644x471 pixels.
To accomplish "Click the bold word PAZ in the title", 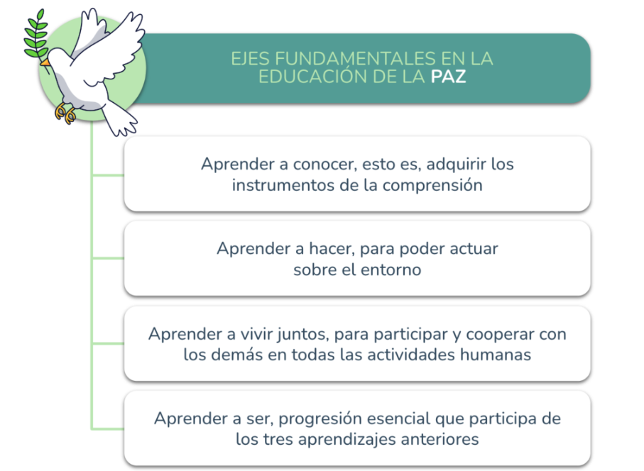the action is [x=448, y=77].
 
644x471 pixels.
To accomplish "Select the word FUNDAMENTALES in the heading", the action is [x=355, y=59].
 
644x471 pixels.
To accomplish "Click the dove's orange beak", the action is [x=45, y=62].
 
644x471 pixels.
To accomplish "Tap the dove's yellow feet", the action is [x=65, y=113].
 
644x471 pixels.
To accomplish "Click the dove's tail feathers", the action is [x=120, y=119].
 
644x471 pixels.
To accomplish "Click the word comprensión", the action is [x=432, y=186].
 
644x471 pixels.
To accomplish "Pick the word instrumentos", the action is [x=283, y=185].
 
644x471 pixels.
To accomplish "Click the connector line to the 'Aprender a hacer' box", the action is [x=108, y=258].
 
